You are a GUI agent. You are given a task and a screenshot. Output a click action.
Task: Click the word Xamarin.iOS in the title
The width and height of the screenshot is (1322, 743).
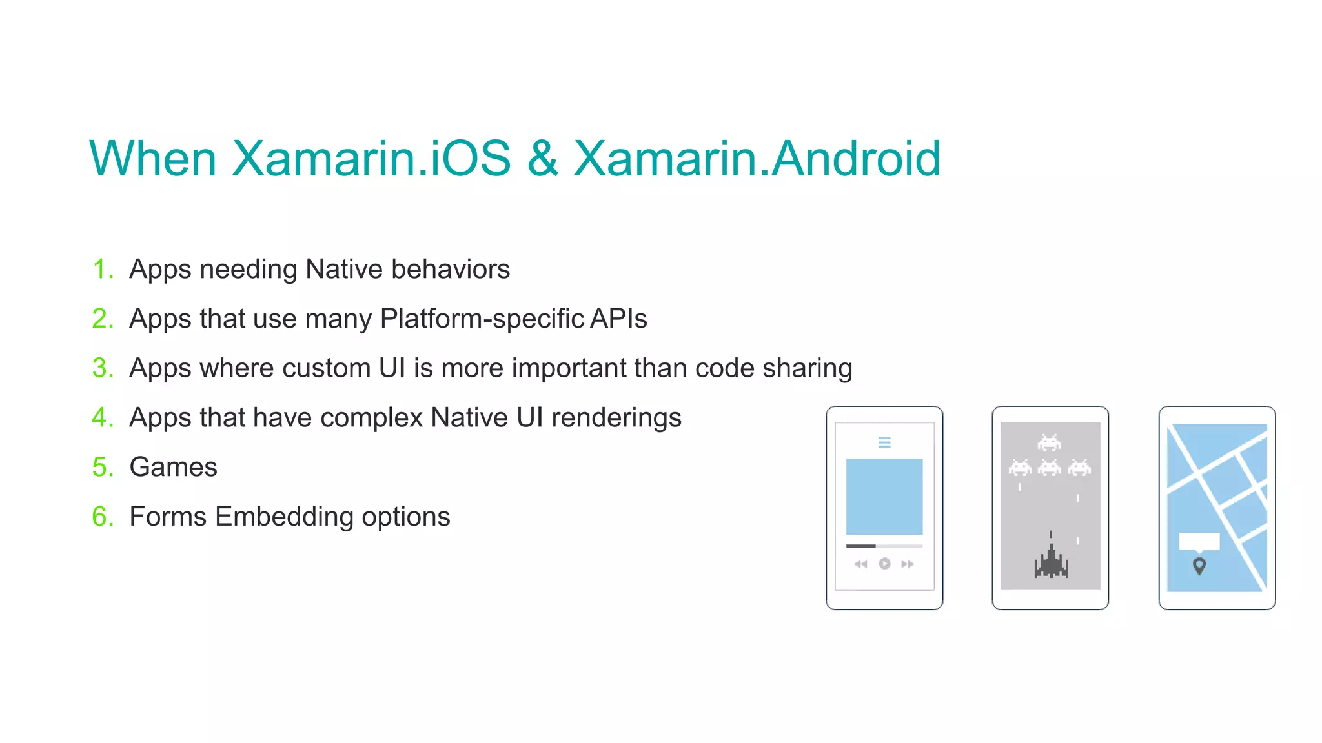371,159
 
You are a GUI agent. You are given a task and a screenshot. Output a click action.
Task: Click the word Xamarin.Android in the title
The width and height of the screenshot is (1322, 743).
757,159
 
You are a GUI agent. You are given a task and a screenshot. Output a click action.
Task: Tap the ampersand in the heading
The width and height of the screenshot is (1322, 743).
542,159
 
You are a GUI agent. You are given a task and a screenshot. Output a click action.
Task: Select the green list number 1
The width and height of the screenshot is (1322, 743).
102,269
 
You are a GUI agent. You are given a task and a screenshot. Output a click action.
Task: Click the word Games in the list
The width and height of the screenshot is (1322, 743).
173,467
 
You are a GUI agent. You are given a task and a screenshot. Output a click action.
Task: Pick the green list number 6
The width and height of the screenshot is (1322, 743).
102,517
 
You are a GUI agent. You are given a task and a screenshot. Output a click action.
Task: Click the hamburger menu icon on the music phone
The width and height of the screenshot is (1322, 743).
884,442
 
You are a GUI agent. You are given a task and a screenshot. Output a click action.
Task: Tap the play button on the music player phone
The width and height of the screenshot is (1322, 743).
884,564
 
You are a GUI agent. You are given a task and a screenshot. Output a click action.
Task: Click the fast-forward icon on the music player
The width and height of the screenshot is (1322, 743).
907,564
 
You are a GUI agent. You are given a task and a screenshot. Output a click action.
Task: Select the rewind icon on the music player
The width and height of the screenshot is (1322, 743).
861,564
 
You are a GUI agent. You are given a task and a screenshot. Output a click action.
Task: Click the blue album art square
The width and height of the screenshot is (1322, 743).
884,497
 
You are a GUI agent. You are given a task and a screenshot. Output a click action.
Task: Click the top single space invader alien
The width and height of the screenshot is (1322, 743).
1049,442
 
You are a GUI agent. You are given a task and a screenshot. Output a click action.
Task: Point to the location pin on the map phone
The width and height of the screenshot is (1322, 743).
1199,566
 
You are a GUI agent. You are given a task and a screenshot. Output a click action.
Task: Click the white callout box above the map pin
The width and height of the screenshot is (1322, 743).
1199,541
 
